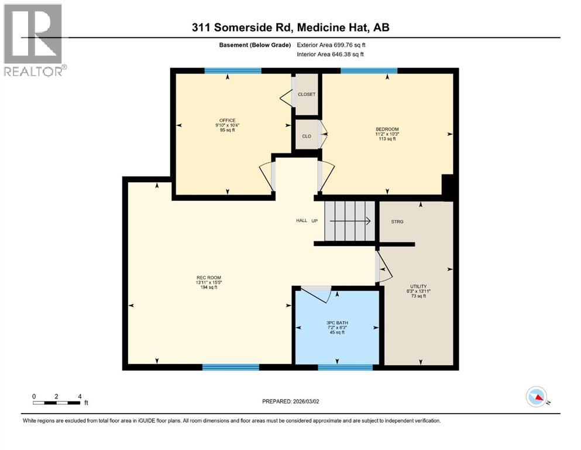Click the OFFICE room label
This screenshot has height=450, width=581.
pos(227,120)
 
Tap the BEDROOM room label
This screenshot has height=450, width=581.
pos(387,129)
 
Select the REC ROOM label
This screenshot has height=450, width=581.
pos(208,277)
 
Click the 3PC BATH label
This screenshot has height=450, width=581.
pos(335,323)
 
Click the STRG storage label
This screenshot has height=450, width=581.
pos(397,221)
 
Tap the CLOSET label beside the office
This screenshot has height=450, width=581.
pos(306,94)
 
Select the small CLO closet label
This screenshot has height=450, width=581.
pos(306,136)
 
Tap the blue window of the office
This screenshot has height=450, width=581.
pos(232,71)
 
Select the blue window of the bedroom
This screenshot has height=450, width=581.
pos(369,71)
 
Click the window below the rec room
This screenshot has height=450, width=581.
pos(231,367)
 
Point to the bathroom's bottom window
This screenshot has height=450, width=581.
pos(345,367)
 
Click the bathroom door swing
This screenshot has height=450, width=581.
pos(317,292)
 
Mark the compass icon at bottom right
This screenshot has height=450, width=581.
pos(536,397)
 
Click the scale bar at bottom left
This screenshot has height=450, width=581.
pos(57,402)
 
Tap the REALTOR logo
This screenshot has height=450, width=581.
pos(33,39)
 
